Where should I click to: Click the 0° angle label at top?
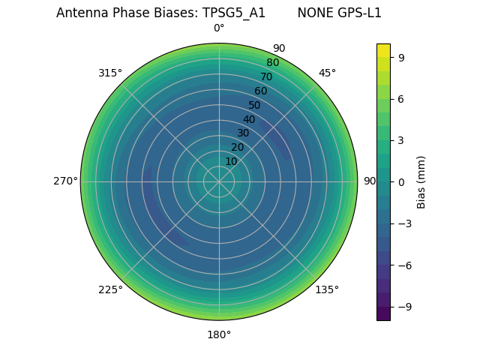click(219, 28)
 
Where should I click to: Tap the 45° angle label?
click(327, 73)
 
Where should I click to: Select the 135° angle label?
click(327, 289)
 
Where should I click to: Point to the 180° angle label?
click(219, 334)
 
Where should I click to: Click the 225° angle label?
click(110, 289)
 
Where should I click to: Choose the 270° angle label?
click(65, 181)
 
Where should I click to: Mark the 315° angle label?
click(110, 73)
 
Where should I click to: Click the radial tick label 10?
click(231, 161)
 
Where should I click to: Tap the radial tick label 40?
click(249, 119)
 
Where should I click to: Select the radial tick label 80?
click(272, 62)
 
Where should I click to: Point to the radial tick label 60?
click(260, 91)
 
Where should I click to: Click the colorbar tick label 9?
click(402, 57)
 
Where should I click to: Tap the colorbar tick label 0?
click(402, 181)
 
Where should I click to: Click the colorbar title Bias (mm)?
click(421, 181)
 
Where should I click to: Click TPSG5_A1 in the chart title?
click(234, 13)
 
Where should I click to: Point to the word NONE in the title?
click(313, 13)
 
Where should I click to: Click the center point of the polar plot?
click(219, 181)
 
